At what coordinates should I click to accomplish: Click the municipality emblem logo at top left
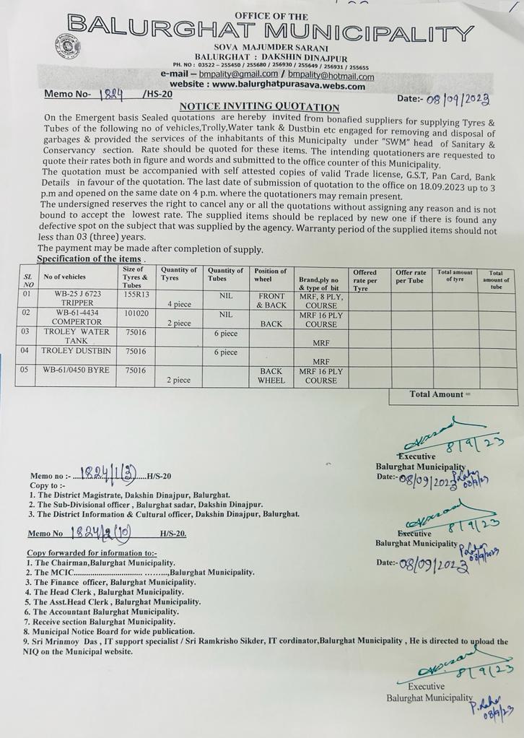coord(67,45)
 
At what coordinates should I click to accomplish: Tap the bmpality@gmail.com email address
coord(239,74)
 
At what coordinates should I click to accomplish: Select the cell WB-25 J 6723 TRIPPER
coord(76,299)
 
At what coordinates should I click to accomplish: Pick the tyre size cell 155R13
coord(136,294)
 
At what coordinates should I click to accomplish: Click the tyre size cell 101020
coord(136,314)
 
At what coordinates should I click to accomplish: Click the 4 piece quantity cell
coord(178,304)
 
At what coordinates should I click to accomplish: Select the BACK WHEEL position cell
coord(271,375)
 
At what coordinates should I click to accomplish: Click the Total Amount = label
coord(440,394)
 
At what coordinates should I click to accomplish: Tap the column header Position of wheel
coord(271,275)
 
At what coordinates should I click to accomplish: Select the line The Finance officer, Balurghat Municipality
coord(110,581)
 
